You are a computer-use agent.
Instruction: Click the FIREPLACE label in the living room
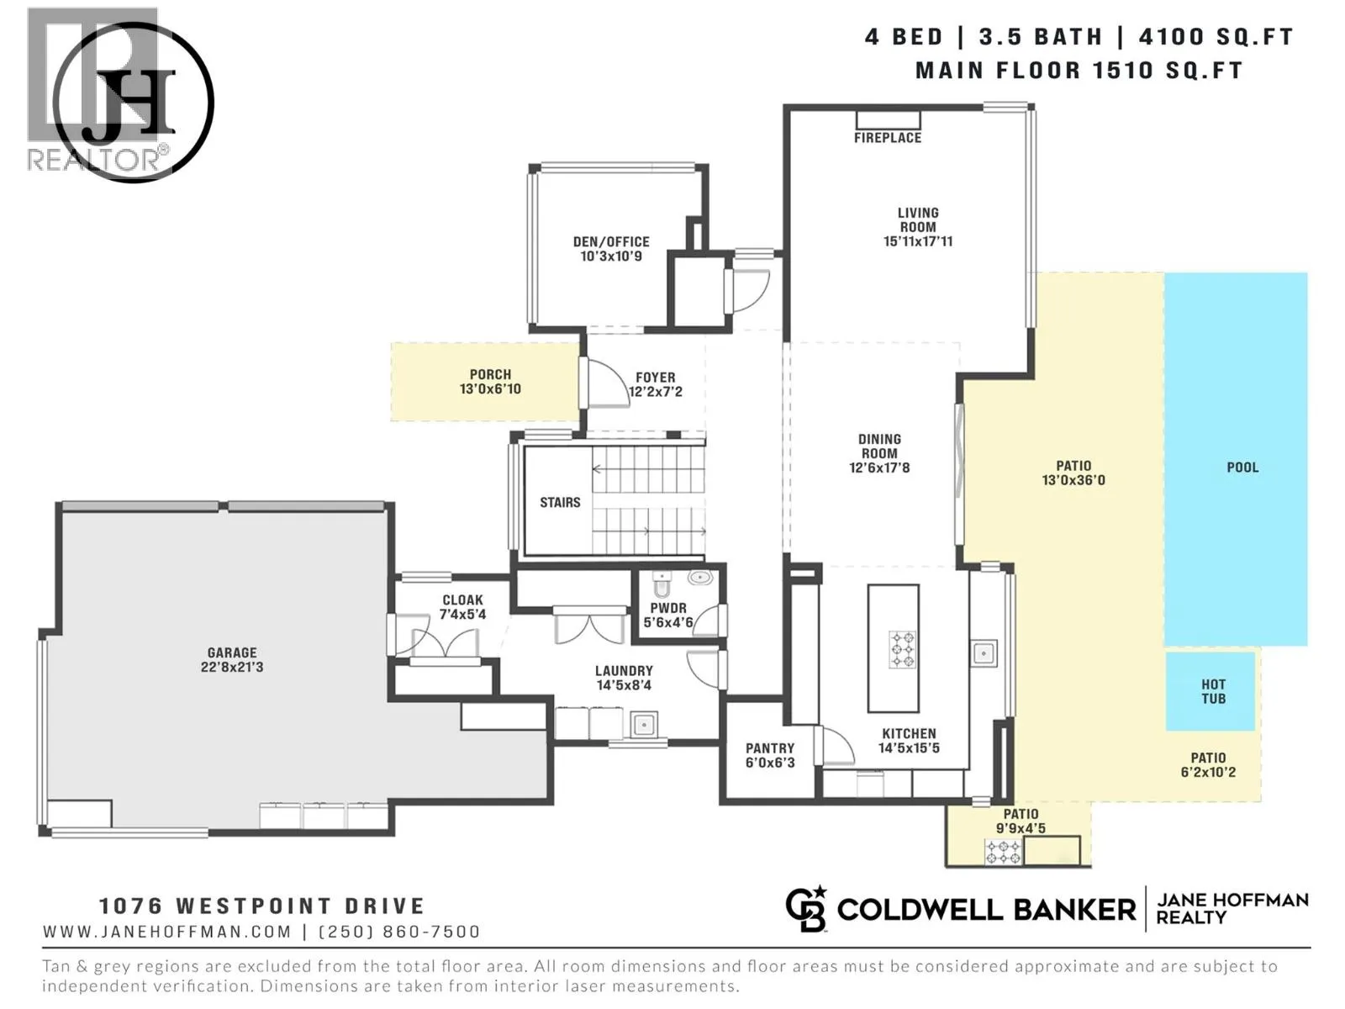pos(887,138)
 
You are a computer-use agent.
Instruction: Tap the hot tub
pos(1210,691)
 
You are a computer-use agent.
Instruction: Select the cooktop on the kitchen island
pos(902,649)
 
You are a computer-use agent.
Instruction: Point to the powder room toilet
pos(662,584)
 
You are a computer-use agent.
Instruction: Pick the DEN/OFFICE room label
pos(611,241)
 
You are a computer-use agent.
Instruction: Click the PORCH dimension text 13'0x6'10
pos(490,389)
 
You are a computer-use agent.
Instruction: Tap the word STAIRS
pos(560,502)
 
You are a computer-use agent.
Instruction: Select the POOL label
pos(1242,468)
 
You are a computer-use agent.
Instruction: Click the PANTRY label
pos(770,748)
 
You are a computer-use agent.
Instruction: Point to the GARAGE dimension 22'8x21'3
pos(232,667)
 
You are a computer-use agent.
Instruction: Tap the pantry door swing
pos(836,746)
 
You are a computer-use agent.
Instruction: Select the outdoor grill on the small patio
pos(1003,852)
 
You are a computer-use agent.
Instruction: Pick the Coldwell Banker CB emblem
pos(806,909)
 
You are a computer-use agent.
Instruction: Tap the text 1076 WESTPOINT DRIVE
pos(261,906)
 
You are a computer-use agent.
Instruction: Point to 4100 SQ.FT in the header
pos(1216,37)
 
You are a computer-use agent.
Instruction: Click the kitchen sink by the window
pos(984,653)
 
